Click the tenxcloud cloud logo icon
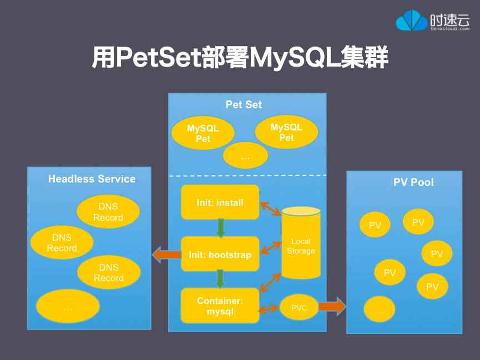(x=412, y=21)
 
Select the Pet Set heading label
(x=244, y=104)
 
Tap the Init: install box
(x=220, y=202)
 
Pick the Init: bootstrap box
(x=220, y=255)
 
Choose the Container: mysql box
(x=220, y=306)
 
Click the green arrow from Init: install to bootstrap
(x=220, y=228)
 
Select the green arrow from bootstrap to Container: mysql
(x=220, y=278)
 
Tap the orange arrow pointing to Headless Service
(x=166, y=255)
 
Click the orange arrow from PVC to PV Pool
(x=332, y=306)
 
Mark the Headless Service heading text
(x=92, y=179)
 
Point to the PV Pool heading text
(x=413, y=182)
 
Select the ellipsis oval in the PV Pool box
(x=379, y=310)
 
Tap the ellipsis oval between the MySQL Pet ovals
(x=245, y=156)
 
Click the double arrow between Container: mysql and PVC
(x=269, y=308)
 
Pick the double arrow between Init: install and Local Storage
(x=271, y=209)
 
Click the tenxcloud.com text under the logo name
(x=450, y=28)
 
